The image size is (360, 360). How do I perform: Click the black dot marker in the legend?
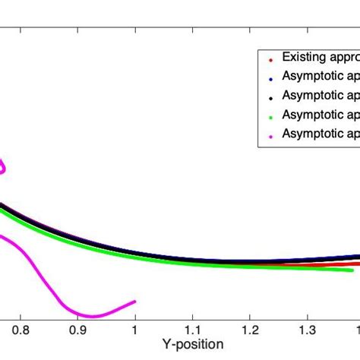(x=271, y=97)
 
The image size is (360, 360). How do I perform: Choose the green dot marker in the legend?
(x=271, y=116)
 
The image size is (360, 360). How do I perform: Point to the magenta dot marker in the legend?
(x=271, y=135)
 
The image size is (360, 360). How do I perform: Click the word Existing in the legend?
(x=302, y=58)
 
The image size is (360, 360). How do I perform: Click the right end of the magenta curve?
(x=135, y=302)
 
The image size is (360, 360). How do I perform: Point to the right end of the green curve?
(x=352, y=270)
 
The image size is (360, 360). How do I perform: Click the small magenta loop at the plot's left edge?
(x=4, y=166)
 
